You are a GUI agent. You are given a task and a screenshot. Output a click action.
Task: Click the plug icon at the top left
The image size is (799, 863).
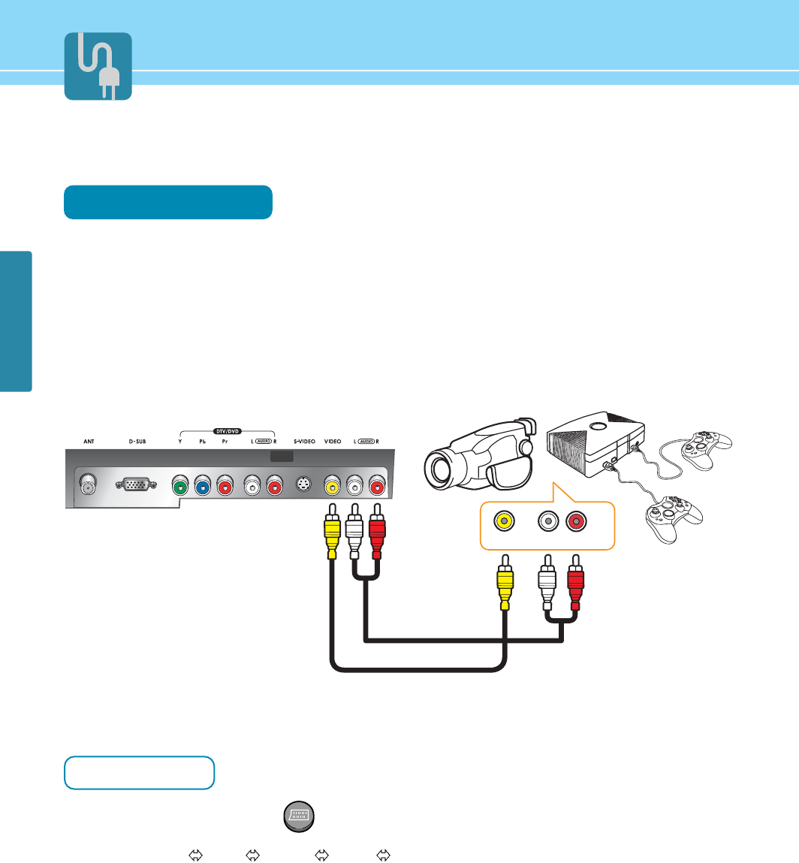point(98,66)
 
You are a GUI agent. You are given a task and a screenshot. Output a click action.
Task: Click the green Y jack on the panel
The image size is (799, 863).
point(181,486)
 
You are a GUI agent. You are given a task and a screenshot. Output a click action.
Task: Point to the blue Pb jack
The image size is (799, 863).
point(203,486)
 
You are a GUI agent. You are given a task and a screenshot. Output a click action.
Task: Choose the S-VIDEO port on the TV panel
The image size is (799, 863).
point(304,485)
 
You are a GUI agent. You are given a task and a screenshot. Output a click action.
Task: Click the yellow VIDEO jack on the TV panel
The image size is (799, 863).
point(332,486)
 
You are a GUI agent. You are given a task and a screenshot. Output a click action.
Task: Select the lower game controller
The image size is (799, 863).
point(673,516)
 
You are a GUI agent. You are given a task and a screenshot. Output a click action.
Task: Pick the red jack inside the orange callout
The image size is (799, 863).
point(576,521)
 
